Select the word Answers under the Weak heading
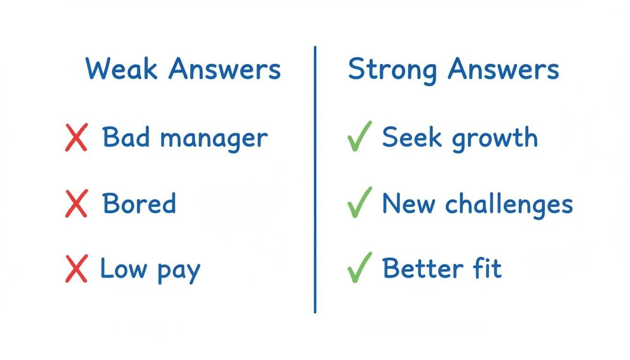[224, 69]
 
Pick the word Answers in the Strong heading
[503, 69]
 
